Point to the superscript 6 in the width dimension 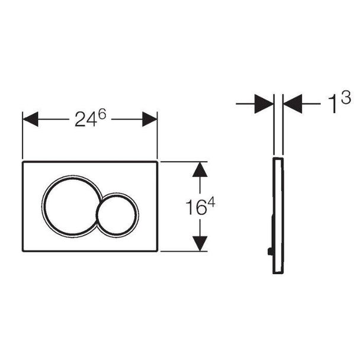coord(102,114)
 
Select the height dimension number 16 coord(196,208)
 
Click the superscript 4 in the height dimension coord(211,202)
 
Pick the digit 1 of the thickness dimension coord(333,104)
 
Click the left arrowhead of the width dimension coord(30,119)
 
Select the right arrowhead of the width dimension coord(150,119)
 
